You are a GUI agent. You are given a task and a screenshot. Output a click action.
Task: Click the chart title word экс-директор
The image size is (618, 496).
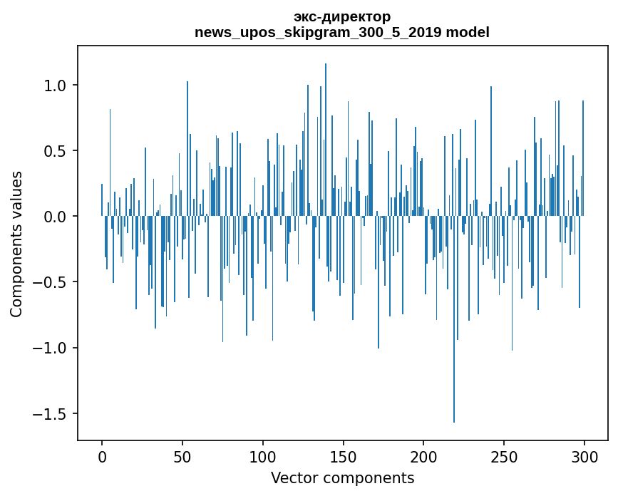click(342, 17)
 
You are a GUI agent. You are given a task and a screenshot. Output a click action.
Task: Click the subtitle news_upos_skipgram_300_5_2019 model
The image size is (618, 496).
click(342, 33)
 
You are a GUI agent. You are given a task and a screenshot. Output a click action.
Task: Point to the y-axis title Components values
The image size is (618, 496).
click(16, 244)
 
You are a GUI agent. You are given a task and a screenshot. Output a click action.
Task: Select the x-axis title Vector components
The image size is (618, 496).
click(342, 477)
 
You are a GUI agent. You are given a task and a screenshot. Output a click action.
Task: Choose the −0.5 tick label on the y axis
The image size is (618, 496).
click(50, 282)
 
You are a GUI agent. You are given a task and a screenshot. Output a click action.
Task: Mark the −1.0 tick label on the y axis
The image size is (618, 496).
click(50, 348)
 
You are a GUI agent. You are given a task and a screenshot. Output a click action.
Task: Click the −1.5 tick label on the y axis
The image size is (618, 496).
click(50, 413)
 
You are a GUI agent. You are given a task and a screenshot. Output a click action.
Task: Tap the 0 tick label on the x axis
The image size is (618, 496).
click(102, 456)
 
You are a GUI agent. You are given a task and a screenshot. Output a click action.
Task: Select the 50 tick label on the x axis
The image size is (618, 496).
click(182, 456)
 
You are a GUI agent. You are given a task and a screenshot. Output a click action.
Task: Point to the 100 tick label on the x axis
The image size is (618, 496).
click(262, 456)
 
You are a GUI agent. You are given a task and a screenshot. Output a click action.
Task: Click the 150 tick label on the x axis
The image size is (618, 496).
click(343, 456)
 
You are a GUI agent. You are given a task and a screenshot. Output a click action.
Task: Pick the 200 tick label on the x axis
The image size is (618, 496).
click(423, 456)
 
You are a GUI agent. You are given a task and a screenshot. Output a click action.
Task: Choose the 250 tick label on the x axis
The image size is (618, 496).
click(504, 456)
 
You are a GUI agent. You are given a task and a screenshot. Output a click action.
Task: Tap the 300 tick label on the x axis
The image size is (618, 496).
click(584, 456)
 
